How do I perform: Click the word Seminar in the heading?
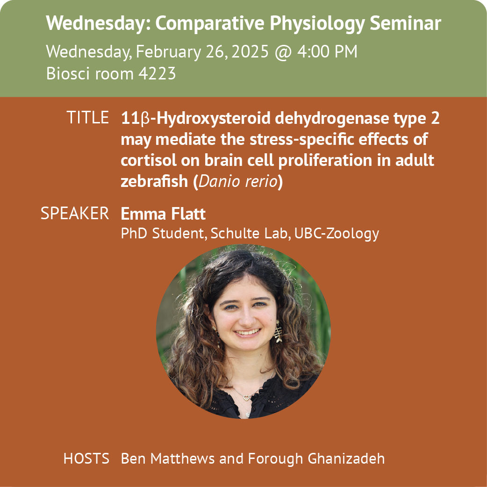405,23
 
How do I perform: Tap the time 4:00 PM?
327,51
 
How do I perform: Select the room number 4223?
157,73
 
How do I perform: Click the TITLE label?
87,117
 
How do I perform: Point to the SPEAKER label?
75,214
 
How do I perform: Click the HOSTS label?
86,458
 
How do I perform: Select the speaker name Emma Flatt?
163,214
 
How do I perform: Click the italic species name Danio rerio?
238,181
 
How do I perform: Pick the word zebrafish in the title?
154,181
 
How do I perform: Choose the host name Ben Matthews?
168,458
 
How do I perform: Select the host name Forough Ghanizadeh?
316,459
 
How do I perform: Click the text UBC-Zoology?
337,234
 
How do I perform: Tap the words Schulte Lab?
249,233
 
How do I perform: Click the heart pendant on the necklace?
246,397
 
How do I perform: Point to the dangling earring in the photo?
278,332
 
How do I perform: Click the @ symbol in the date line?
283,52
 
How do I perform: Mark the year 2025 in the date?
250,51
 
